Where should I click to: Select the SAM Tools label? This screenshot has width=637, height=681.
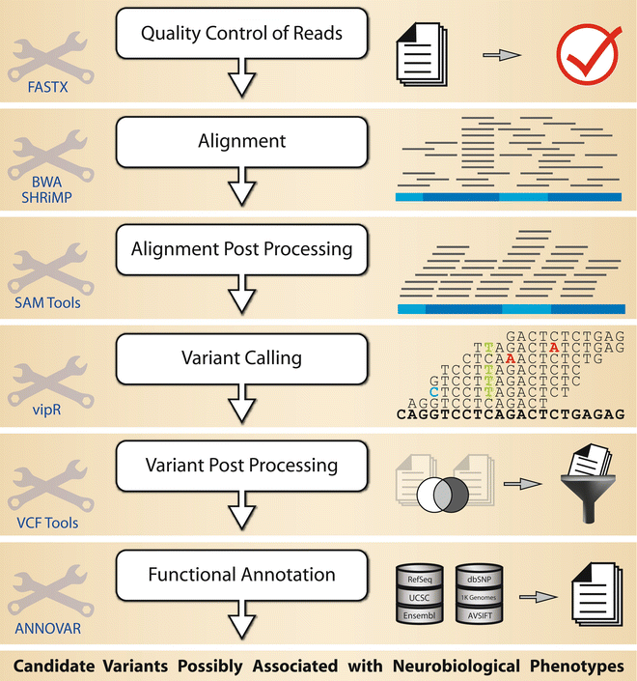[46, 302]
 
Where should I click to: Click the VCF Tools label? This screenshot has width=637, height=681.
[46, 523]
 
